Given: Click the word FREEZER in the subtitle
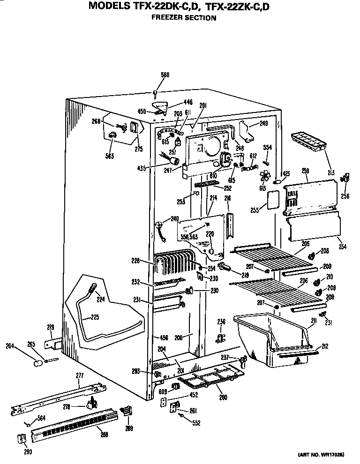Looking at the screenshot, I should coord(166,18).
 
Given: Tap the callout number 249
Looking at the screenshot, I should coord(263,124).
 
